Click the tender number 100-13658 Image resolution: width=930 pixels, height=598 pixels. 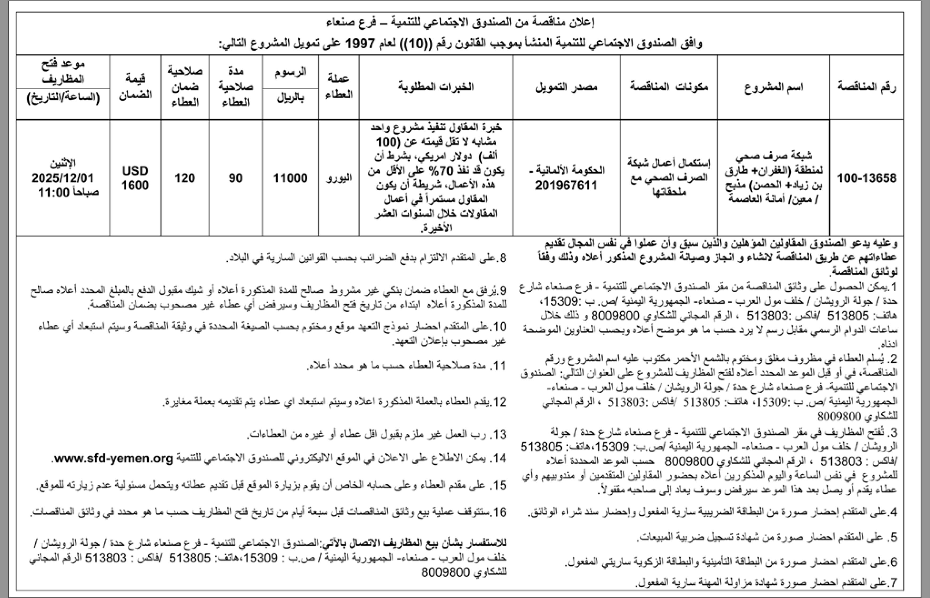[x=866, y=178]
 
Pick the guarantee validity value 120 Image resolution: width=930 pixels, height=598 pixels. [x=184, y=178]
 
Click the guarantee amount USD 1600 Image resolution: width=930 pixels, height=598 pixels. [x=135, y=178]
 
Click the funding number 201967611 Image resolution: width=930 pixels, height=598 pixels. [x=566, y=185]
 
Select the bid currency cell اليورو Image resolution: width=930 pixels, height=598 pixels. [x=339, y=178]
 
